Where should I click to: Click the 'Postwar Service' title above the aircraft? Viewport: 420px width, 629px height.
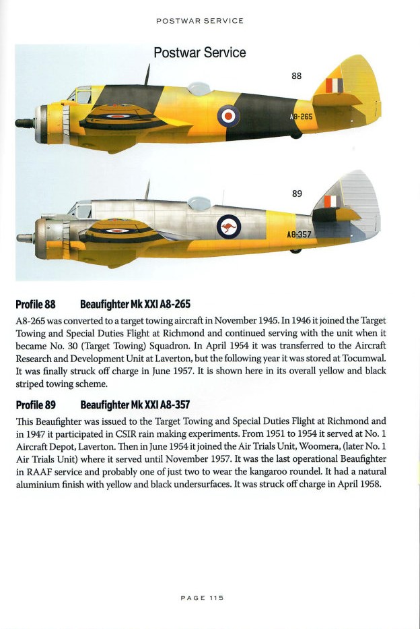(200, 53)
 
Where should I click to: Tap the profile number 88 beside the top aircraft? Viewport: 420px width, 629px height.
(296, 76)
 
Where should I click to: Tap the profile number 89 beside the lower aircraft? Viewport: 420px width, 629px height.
(297, 193)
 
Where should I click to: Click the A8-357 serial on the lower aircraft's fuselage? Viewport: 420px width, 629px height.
(299, 235)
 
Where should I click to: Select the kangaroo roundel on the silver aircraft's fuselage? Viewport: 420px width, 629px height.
(229, 227)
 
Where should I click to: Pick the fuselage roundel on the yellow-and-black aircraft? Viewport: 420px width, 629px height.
(229, 116)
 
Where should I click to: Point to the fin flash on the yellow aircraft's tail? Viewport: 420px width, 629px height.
(334, 86)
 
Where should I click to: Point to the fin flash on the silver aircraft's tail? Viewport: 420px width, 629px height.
(330, 202)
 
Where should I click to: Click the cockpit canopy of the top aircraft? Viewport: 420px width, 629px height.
(80, 95)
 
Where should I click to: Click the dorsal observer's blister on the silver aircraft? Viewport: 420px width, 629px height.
(199, 203)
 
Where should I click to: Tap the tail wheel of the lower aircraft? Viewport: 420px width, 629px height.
(295, 250)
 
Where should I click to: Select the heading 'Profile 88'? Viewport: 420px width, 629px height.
(35, 304)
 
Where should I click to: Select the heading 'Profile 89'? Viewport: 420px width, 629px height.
(35, 405)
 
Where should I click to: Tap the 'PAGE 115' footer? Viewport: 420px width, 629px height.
(202, 597)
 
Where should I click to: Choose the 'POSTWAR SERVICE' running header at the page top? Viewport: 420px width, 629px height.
(200, 21)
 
